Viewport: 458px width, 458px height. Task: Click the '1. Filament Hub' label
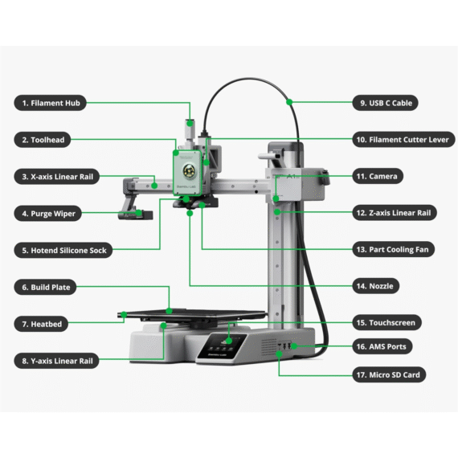click(x=53, y=103)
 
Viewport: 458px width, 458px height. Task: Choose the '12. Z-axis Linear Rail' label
click(x=397, y=213)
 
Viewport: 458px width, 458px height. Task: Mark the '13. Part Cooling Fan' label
click(x=397, y=250)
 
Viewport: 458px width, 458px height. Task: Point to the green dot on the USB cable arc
click(x=291, y=102)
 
